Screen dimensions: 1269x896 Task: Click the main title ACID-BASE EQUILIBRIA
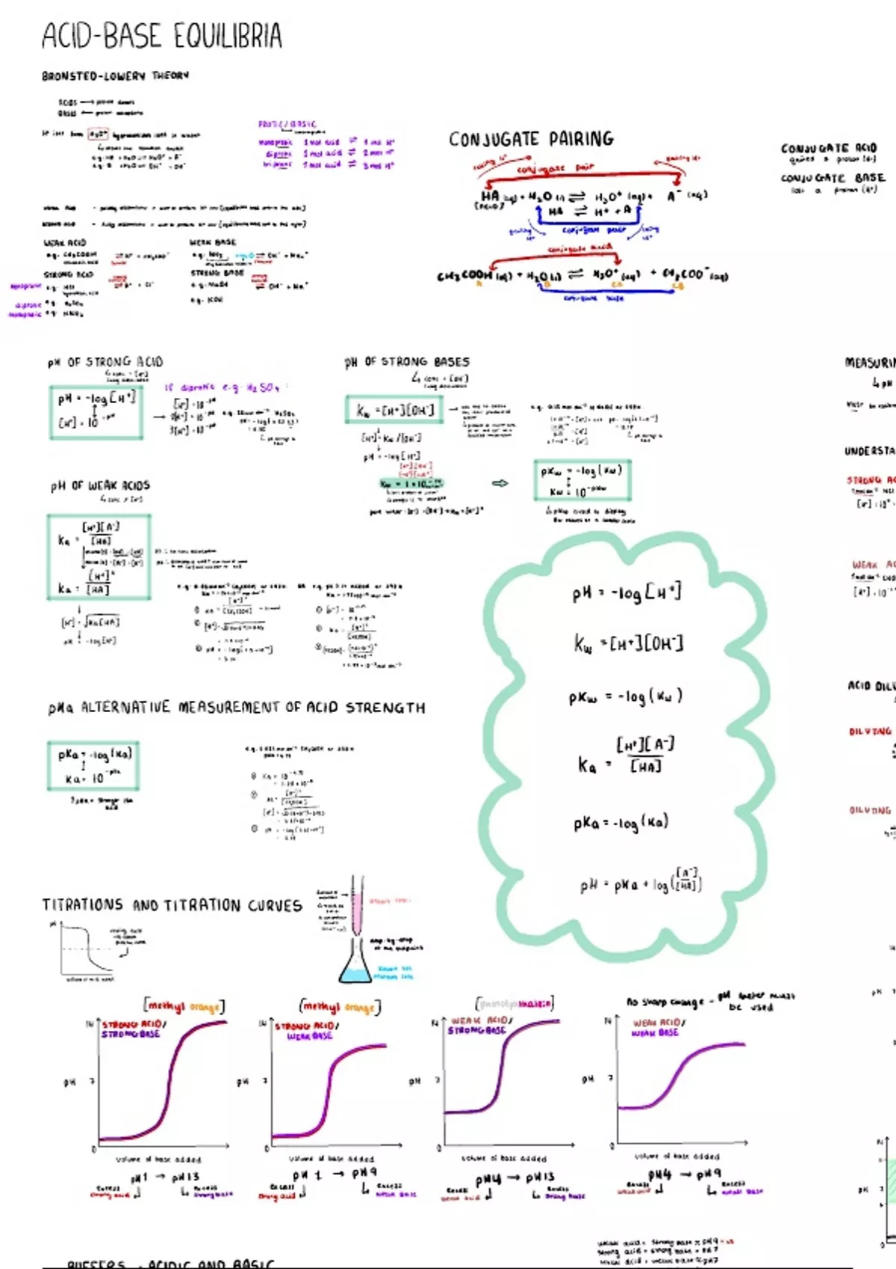(162, 36)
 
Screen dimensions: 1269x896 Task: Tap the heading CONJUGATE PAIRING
(531, 139)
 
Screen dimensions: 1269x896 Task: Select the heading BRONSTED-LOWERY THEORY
(115, 75)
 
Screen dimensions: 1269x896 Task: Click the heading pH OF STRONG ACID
(105, 362)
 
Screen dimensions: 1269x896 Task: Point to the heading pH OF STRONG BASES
(407, 362)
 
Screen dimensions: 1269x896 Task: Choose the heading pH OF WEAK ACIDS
(100, 486)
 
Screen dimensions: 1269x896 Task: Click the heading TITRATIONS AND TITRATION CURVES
(172, 905)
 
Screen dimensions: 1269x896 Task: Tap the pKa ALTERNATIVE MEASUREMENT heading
(237, 707)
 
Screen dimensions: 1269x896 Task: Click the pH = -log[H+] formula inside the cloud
(626, 593)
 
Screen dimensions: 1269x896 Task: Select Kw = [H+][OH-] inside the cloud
(628, 643)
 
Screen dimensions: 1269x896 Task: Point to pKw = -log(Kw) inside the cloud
(625, 696)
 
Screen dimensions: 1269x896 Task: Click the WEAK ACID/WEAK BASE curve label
(656, 1028)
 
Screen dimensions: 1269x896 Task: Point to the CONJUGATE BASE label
(833, 178)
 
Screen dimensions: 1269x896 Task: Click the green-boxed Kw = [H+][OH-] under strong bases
(395, 410)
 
